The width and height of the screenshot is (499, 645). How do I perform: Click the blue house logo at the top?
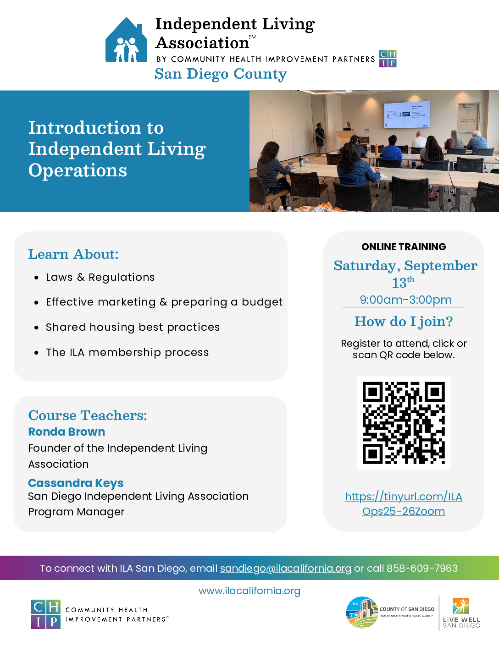click(126, 40)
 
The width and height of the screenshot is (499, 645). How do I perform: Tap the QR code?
click(403, 423)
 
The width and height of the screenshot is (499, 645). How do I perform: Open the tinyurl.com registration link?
click(403, 504)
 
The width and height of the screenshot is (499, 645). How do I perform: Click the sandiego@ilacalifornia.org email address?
click(285, 568)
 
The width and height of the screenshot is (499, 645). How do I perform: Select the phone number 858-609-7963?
click(422, 568)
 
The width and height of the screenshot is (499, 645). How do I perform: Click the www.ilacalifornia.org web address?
click(249, 590)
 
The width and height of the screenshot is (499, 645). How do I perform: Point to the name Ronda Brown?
click(67, 432)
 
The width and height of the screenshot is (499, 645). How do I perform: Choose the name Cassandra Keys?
click(76, 483)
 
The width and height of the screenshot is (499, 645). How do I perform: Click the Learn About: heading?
click(73, 254)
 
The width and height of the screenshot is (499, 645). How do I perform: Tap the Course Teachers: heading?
click(88, 415)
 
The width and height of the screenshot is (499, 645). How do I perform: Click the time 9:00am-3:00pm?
click(406, 300)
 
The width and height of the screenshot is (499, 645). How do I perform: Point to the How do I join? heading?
click(404, 322)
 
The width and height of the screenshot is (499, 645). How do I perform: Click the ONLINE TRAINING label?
click(404, 246)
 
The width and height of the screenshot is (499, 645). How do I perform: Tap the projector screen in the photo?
click(407, 115)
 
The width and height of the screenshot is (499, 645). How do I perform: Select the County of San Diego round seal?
click(362, 612)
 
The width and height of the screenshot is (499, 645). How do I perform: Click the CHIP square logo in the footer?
click(46, 614)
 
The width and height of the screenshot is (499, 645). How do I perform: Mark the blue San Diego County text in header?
click(221, 74)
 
